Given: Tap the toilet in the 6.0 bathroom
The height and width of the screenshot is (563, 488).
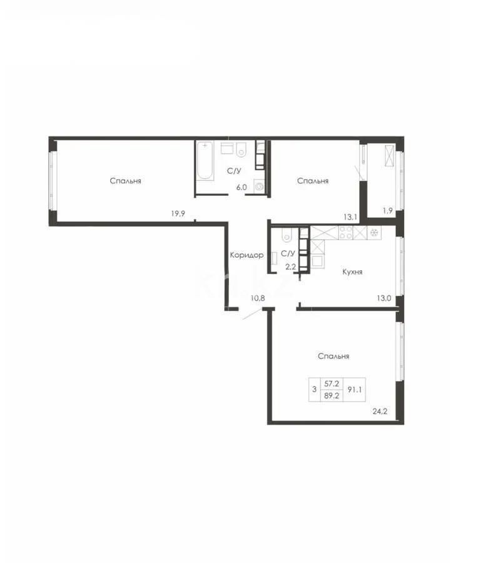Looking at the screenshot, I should pyautogui.click(x=242, y=150).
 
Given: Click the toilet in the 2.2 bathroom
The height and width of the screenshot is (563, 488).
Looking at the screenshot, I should pyautogui.click(x=286, y=235).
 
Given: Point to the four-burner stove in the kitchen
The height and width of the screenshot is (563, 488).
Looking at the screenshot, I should pyautogui.click(x=346, y=233).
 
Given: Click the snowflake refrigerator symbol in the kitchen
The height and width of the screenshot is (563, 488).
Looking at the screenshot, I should pyautogui.click(x=374, y=233).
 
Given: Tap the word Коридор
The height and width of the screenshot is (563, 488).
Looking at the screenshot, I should pyautogui.click(x=247, y=255).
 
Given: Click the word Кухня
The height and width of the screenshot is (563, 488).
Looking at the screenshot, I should pyautogui.click(x=353, y=272).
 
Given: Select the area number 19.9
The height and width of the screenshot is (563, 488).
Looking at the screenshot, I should pyautogui.click(x=179, y=213).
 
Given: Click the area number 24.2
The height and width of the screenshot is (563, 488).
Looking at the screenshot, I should pyautogui.click(x=380, y=412).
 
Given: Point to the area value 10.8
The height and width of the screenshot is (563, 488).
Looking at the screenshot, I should pyautogui.click(x=258, y=298).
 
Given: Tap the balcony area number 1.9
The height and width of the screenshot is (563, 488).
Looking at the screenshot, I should pyautogui.click(x=387, y=211).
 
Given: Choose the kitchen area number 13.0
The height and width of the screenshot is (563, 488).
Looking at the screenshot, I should pyautogui.click(x=384, y=298).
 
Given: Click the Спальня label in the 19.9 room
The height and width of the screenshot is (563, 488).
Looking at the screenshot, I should pyautogui.click(x=125, y=181).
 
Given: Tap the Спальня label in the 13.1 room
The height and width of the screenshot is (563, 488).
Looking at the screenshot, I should pyautogui.click(x=313, y=181).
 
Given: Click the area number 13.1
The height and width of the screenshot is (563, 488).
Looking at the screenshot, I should pyautogui.click(x=350, y=217).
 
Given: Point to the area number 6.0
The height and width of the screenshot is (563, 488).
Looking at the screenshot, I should pyautogui.click(x=241, y=186).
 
